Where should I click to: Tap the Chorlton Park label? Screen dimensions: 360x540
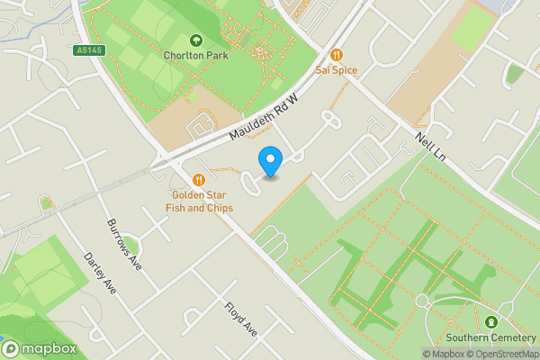196,55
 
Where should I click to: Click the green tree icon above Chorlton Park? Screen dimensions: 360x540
196,40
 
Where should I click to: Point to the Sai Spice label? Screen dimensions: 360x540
337,68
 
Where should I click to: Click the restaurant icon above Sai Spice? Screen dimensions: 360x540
337,54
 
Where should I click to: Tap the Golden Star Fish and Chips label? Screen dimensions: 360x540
203,202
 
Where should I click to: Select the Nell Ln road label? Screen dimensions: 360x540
431,147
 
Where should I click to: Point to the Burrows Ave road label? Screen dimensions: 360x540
124,243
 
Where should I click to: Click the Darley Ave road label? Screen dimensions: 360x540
100,272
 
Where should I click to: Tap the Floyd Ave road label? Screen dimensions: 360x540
241,319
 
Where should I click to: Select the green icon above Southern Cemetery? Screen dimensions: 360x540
490,322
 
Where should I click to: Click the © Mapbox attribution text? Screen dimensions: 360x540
446,354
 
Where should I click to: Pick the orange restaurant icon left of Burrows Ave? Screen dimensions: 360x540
47,204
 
